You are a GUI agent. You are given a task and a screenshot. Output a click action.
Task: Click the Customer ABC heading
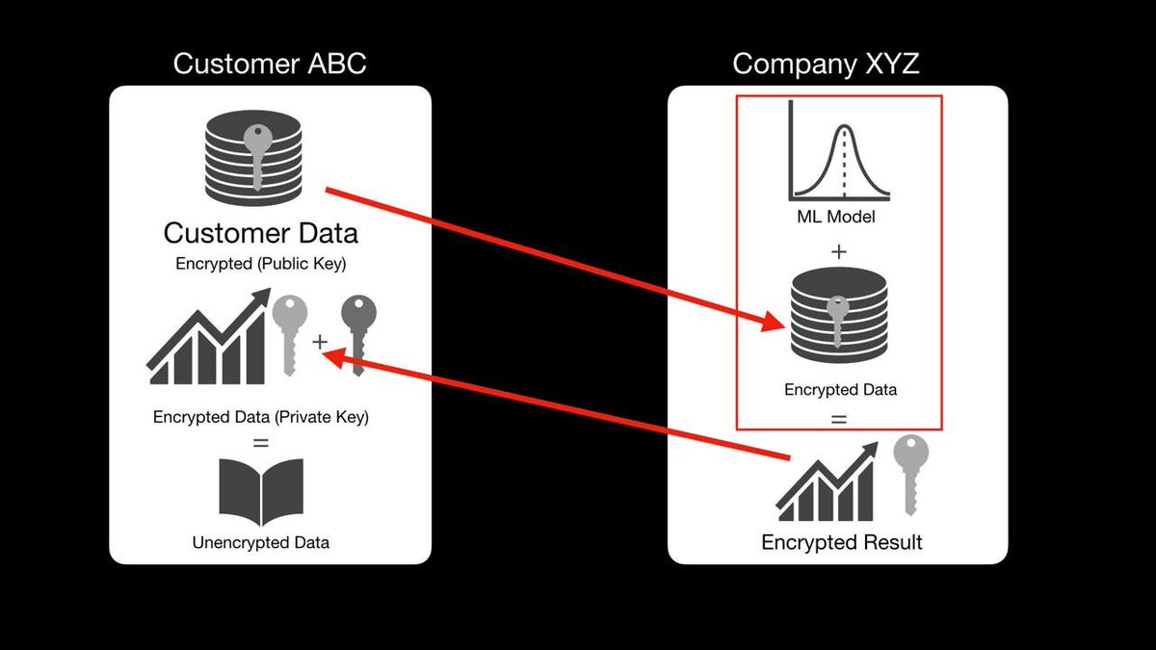pos(270,65)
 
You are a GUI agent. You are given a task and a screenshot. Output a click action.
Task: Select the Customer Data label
pos(260,233)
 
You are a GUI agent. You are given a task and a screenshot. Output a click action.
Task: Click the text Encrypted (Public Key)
pos(260,264)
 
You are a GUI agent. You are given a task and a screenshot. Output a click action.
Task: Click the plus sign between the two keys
pos(320,342)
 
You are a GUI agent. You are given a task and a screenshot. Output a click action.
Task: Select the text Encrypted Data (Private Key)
pos(260,418)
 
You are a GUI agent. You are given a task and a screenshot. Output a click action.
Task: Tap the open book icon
pos(260,490)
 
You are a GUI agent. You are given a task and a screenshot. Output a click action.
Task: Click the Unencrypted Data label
pos(260,542)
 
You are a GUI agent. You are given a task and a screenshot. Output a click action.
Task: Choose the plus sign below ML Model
pos(838,252)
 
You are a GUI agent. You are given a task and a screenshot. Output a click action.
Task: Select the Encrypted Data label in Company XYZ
pos(840,390)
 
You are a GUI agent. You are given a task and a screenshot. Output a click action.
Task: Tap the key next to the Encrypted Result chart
pos(910,472)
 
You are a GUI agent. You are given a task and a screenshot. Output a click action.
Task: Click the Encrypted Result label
pos(841,542)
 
